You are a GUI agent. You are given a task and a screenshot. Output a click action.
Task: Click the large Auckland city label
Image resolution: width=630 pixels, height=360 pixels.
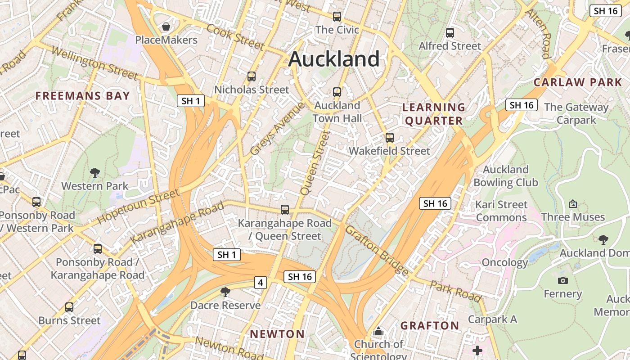[334, 59]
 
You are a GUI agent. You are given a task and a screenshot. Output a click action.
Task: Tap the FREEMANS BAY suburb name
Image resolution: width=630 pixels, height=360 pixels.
[82, 96]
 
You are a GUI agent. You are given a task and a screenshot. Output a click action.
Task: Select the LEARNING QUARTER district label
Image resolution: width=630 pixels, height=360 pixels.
[433, 114]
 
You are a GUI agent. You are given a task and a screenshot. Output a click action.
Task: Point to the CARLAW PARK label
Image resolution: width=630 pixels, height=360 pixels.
[577, 82]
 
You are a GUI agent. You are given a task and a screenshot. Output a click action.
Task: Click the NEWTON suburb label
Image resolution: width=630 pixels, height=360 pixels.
[277, 334]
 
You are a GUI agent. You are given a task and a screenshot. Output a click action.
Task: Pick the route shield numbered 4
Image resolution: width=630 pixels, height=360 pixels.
[260, 283]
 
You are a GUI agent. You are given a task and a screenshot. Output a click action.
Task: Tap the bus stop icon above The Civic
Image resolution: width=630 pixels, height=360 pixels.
[337, 17]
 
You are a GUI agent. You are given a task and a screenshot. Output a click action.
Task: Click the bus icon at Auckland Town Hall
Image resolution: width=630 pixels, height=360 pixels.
[337, 92]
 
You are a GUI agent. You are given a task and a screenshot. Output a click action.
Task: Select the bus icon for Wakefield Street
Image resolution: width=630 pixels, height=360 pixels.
[390, 138]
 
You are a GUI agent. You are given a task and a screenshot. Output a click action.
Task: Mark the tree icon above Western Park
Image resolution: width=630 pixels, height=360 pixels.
[94, 172]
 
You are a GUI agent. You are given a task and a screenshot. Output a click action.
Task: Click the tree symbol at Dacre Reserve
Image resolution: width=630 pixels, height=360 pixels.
[225, 292]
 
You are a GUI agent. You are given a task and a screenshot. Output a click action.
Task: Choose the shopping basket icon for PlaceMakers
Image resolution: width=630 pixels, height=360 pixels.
[166, 27]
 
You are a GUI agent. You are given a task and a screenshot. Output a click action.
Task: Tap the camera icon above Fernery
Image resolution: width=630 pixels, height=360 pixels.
[562, 281]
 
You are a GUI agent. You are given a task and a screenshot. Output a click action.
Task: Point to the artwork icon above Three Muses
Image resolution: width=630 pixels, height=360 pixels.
[573, 204]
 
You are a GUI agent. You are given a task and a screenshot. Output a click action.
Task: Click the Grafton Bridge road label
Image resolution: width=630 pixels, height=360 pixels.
[377, 250]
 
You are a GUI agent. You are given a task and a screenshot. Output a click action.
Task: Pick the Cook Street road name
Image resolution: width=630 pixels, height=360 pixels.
[235, 37]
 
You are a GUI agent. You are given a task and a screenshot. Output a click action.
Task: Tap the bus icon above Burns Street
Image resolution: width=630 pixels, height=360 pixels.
[69, 307]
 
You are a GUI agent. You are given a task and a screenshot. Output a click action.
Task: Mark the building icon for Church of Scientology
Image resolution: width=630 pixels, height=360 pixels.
[378, 332]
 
